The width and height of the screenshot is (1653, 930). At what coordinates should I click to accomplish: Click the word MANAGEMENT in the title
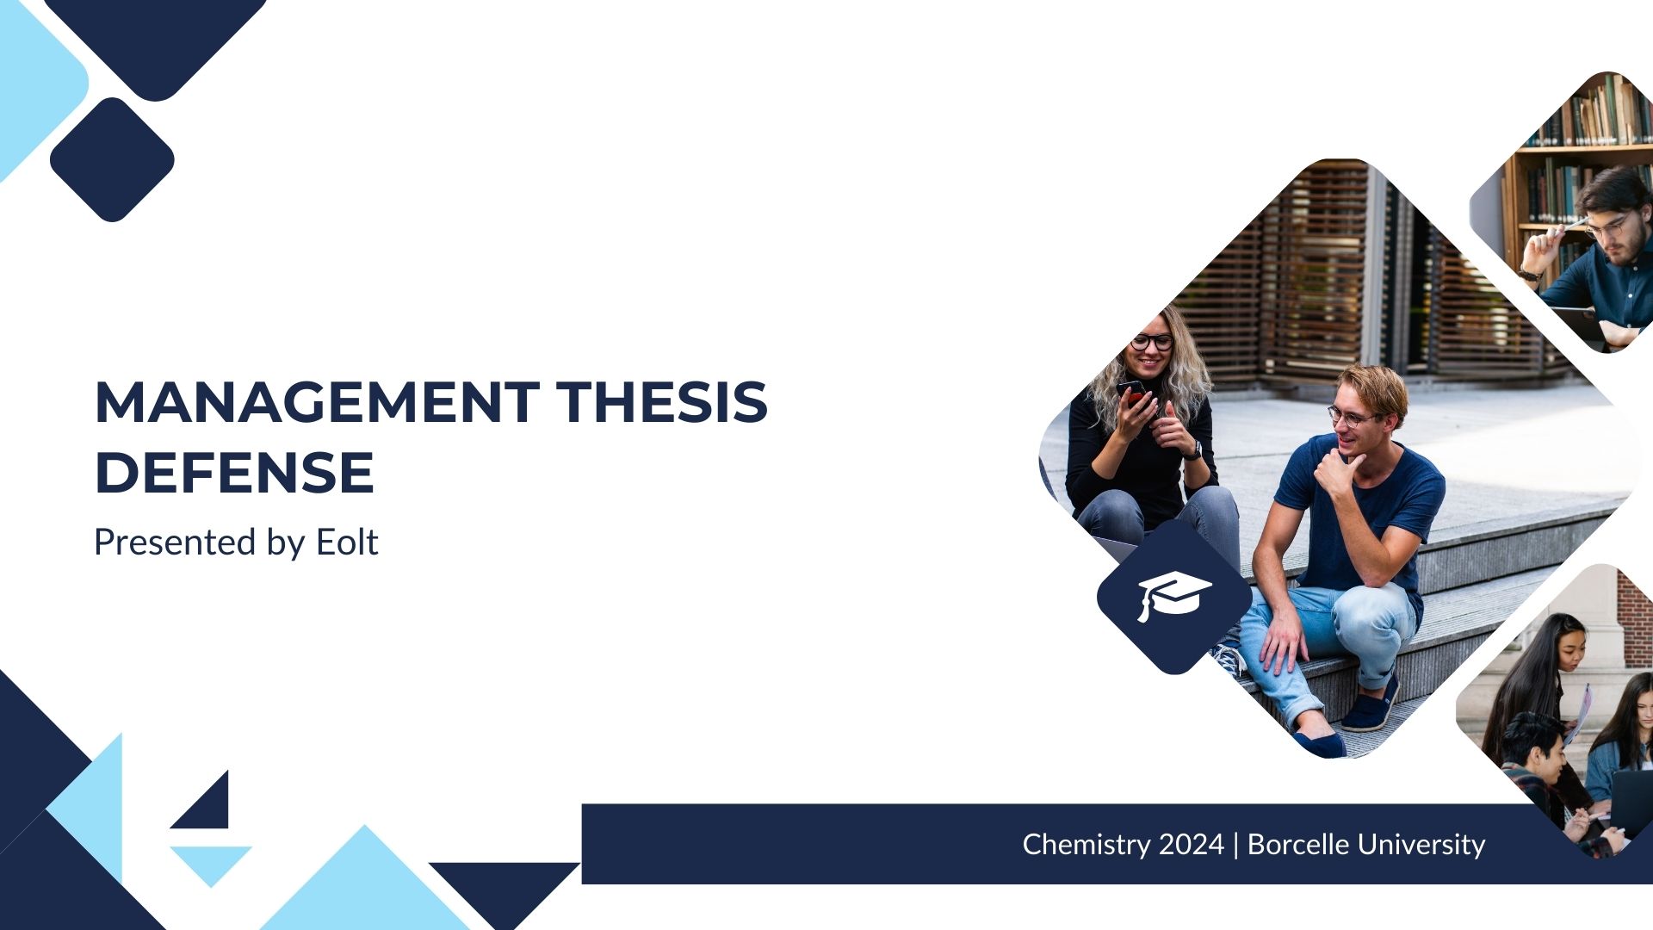[x=317, y=402]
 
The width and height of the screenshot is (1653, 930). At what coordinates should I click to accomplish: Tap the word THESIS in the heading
[x=661, y=402]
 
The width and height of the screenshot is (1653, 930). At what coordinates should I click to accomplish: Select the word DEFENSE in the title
[x=234, y=472]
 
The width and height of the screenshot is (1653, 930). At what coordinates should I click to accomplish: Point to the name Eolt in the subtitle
[x=347, y=542]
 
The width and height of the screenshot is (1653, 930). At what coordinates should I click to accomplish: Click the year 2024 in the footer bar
[x=1192, y=845]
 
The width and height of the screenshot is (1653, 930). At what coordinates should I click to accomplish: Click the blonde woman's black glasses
[x=1152, y=342]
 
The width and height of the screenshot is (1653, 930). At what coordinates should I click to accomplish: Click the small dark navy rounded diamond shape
[x=112, y=159]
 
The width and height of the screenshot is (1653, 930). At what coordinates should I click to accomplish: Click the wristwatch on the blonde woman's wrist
[x=1194, y=449]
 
